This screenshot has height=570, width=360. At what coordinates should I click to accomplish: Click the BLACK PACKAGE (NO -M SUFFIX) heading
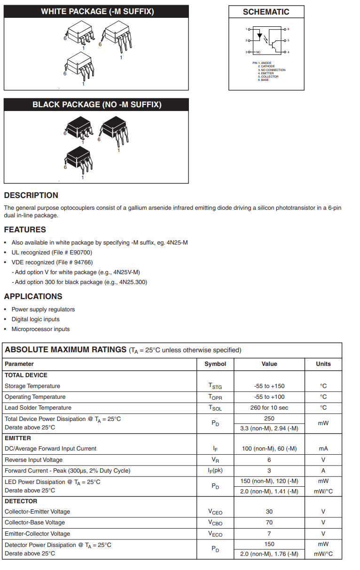point(97,104)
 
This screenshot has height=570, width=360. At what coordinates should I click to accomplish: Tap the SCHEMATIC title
point(266,12)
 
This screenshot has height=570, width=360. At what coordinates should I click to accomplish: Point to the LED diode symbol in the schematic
point(259,35)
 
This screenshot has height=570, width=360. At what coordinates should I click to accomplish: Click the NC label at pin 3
point(258,52)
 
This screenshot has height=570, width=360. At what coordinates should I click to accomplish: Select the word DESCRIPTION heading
point(31,195)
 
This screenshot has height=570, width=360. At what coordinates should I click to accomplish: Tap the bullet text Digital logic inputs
point(35,319)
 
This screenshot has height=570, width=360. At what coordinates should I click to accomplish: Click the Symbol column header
point(215,364)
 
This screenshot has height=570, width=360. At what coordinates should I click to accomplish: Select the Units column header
point(323,364)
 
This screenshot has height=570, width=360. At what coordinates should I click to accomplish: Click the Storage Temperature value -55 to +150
point(269,386)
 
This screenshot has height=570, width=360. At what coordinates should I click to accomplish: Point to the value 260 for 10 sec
point(269,408)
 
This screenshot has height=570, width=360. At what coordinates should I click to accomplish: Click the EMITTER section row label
point(18,438)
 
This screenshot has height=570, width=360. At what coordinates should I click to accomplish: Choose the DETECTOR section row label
point(21,501)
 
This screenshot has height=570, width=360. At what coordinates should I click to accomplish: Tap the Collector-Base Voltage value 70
point(269,522)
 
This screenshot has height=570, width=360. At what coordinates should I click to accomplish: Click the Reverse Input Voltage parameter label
point(33,460)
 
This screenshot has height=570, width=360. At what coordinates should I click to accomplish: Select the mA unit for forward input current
point(323,449)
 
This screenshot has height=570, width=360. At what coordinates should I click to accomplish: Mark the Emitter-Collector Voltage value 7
point(269,534)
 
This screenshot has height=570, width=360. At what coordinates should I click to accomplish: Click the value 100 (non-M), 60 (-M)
point(269,449)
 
